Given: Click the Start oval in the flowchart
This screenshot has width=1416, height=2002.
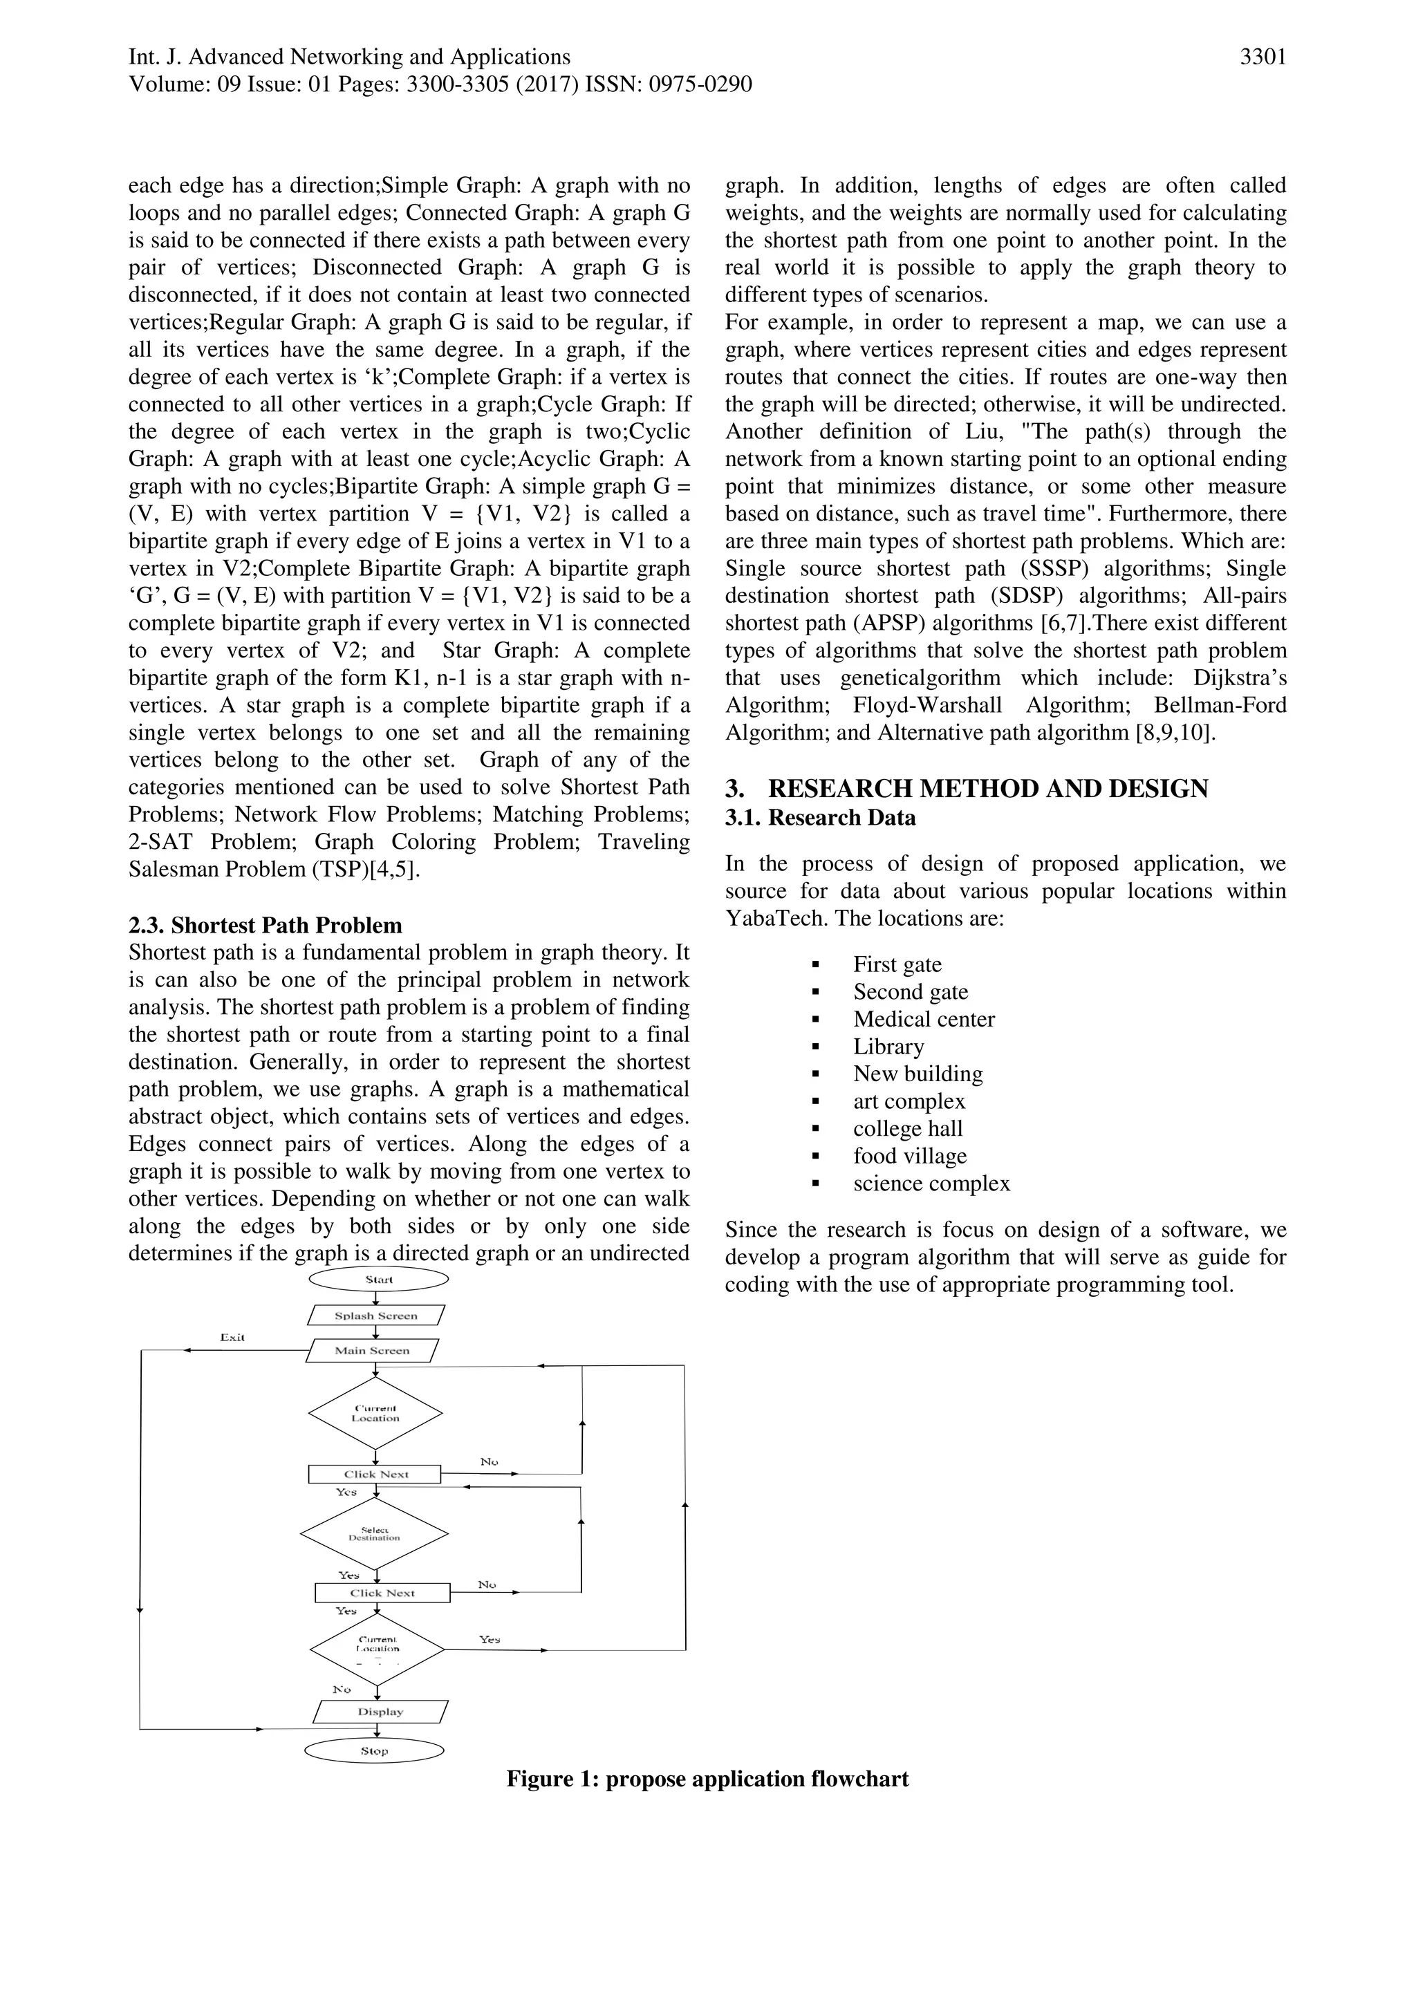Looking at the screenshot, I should click(378, 1279).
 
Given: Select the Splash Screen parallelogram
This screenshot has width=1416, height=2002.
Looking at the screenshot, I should click(376, 1315).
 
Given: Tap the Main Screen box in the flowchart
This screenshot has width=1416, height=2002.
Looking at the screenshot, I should click(372, 1350).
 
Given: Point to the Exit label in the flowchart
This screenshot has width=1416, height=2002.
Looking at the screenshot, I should click(232, 1337).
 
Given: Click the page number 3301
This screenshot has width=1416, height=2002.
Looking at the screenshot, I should click(1263, 57).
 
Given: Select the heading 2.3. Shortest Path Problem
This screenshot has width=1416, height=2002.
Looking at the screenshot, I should click(265, 925).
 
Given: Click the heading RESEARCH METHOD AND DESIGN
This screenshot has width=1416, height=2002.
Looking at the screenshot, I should click(987, 788).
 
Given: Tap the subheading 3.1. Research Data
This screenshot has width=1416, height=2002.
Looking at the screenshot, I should click(821, 818).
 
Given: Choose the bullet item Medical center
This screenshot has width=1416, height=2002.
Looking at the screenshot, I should click(923, 1018).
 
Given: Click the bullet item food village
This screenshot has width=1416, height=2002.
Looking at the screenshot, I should click(909, 1155).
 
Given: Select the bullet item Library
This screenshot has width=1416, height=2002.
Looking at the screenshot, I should click(888, 1047).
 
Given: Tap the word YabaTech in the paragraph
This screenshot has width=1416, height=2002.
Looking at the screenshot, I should click(768, 918).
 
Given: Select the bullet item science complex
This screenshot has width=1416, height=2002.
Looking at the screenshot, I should click(931, 1184).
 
